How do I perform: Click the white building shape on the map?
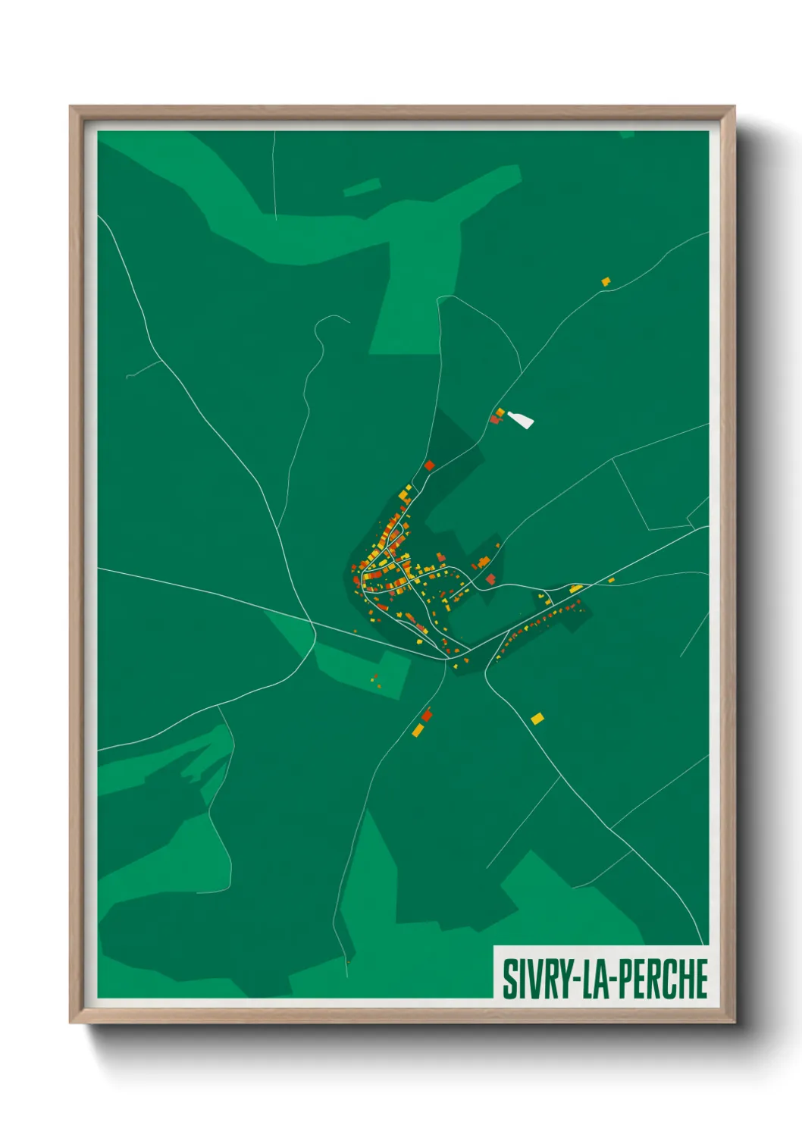521,419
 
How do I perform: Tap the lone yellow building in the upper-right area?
606,282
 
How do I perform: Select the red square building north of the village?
429,465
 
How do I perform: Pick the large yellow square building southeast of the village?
537,718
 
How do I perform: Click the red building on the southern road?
427,715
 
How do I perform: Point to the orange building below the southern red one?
417,730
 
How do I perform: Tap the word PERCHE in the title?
664,979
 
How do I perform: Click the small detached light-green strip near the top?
362,187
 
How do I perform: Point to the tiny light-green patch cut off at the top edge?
626,134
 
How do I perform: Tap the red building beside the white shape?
494,419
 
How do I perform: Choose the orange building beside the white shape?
500,412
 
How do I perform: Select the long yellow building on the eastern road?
575,588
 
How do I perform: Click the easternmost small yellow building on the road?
612,581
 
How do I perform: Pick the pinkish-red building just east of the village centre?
490,579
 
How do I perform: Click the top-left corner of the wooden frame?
71,108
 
